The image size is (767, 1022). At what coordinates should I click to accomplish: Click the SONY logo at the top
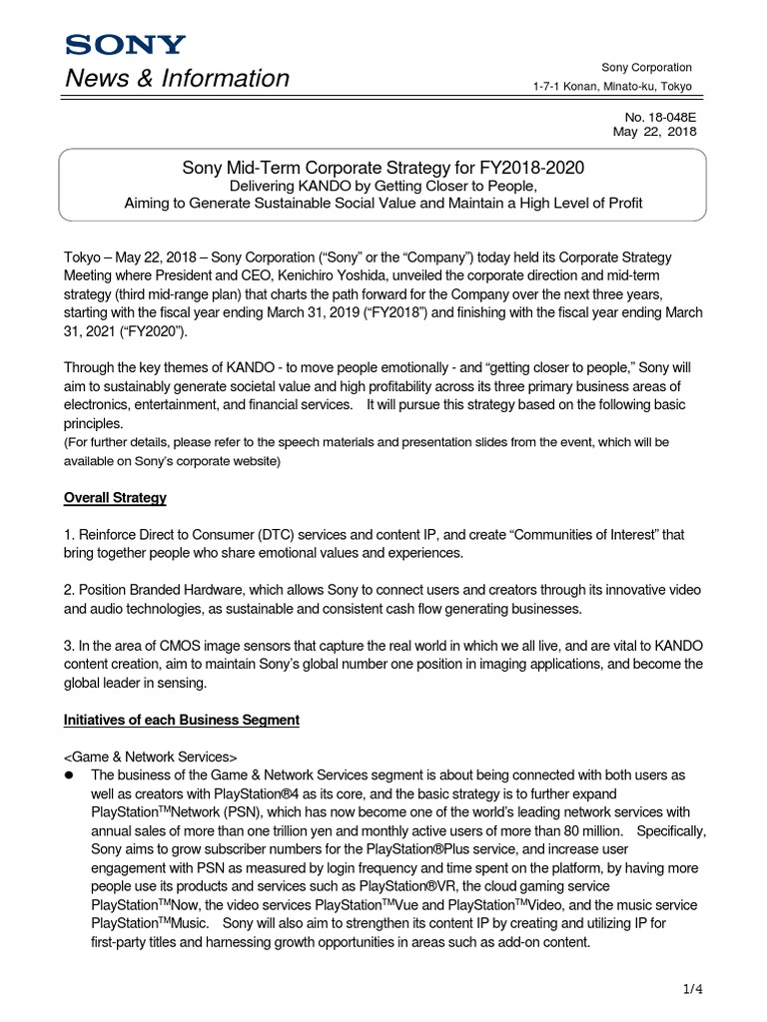point(125,45)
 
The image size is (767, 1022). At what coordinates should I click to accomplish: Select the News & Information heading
point(177,78)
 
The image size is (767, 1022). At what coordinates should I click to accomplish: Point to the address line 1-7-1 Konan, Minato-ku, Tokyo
point(613,87)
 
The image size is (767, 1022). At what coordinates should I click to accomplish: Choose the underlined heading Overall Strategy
point(115,497)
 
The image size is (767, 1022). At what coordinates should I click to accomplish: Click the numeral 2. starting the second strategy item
point(69,590)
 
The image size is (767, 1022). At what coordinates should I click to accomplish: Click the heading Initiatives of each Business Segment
point(181,720)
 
